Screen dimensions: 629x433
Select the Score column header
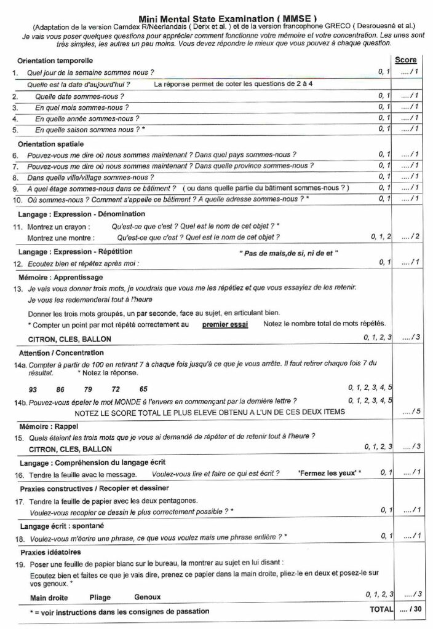(405, 60)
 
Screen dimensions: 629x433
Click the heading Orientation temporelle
(55, 61)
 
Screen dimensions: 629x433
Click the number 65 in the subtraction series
(143, 389)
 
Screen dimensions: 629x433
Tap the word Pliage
(100, 597)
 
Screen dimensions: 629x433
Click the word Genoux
(147, 597)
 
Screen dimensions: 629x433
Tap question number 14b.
(19, 400)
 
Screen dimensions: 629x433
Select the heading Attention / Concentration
(62, 353)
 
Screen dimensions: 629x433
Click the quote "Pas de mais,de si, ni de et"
(288, 253)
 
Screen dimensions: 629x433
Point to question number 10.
(17, 200)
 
